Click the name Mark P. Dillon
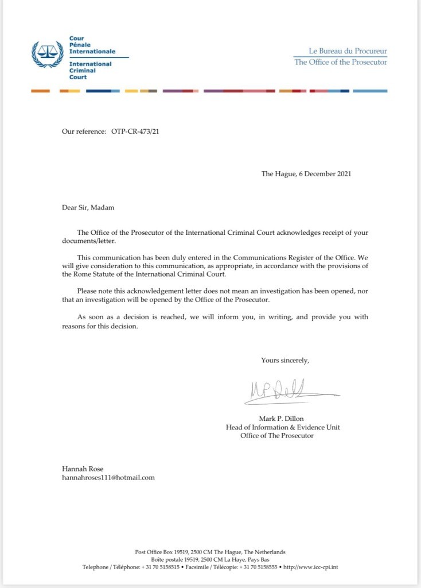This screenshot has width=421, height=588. (x=283, y=419)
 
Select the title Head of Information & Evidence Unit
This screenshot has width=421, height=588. (x=283, y=427)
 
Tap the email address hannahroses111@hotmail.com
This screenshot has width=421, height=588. (x=108, y=477)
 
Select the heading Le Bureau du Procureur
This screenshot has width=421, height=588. (x=340, y=51)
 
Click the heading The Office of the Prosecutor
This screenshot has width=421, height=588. (x=340, y=62)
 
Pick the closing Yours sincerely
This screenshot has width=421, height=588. (x=285, y=360)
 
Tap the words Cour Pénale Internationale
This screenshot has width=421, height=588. (x=92, y=45)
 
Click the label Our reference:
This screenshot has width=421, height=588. (x=83, y=131)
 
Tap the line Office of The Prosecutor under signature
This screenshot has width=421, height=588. (x=277, y=436)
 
